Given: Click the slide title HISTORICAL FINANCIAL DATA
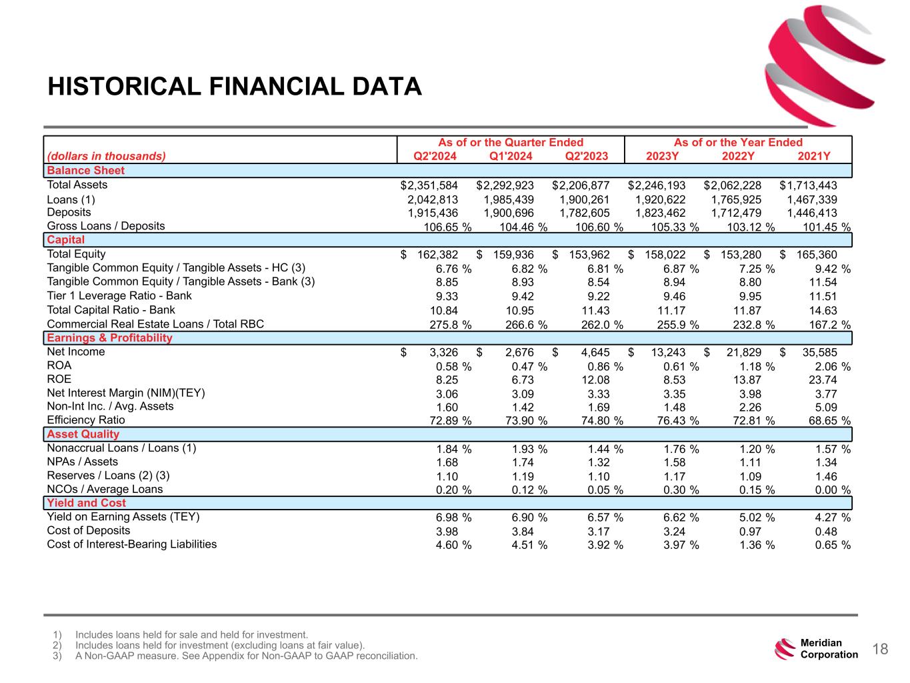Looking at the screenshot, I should [235, 87].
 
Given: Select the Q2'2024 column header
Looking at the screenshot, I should [436, 157].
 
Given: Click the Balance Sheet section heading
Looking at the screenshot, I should [85, 170].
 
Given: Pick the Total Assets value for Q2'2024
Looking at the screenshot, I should [429, 185].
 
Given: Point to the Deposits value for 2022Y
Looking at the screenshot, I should [736, 213].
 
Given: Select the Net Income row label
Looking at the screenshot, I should [75, 352].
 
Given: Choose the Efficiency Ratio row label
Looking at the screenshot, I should [85, 420].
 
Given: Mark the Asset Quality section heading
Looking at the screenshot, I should [83, 434].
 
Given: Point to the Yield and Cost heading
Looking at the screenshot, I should [86, 503].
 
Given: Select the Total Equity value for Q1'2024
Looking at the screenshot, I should [513, 255].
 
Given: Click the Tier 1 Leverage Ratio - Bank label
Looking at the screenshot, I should [119, 295].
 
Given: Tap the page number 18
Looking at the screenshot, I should [880, 649].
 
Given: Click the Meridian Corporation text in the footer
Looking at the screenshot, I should [829, 649].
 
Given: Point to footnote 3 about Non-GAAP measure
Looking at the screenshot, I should [246, 656].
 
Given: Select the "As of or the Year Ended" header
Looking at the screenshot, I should [738, 142].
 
